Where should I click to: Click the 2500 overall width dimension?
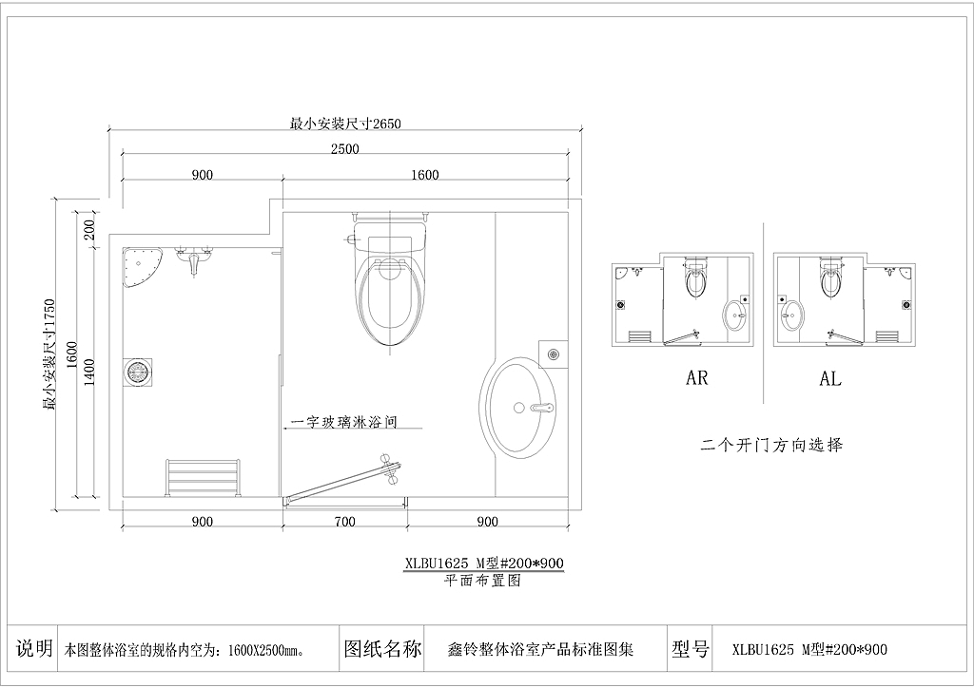pos(344,149)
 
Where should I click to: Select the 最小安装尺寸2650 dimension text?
pos(345,124)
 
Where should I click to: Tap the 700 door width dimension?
pos(344,522)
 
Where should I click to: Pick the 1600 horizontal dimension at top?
pos(425,175)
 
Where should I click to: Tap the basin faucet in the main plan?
pos(541,408)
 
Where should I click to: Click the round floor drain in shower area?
pos(137,373)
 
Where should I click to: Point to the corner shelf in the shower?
pos(142,267)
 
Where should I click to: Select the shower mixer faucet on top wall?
pos(195,258)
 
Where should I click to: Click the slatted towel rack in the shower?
pos(203,478)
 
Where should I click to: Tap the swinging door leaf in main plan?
pos(343,478)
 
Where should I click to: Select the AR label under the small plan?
pos(697,378)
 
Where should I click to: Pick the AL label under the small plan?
pos(829,378)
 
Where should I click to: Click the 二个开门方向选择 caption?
pos(772,445)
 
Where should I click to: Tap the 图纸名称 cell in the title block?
pos(382,649)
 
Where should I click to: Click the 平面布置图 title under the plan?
pos(482,580)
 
